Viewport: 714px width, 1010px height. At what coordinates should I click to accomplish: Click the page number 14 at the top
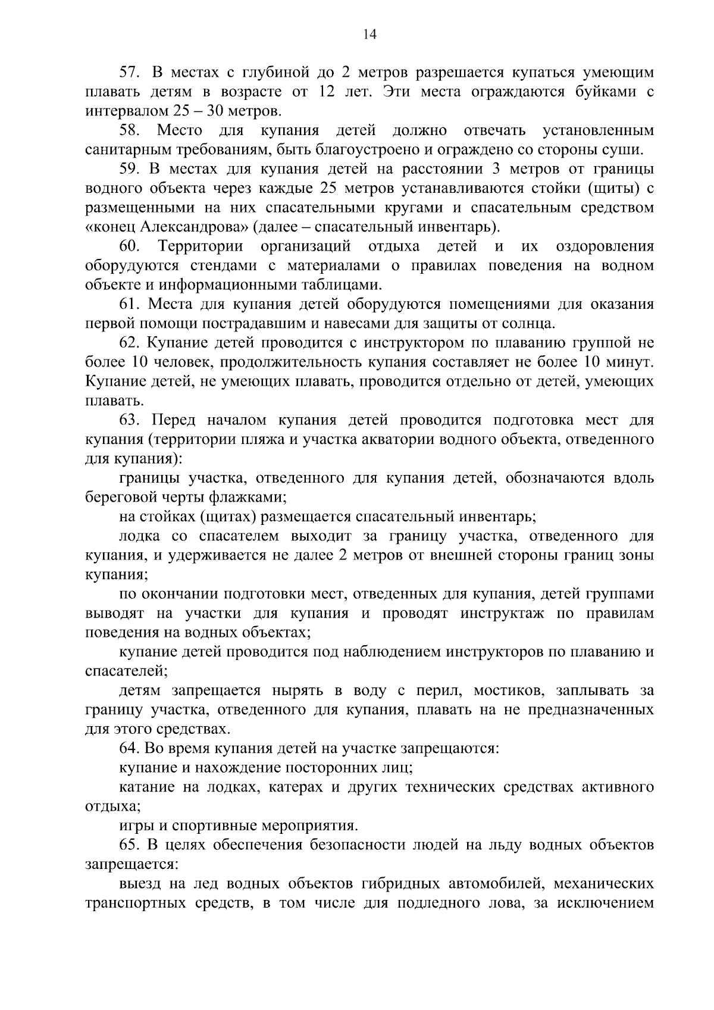[369, 35]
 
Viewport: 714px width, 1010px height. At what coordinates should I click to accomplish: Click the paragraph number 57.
[129, 73]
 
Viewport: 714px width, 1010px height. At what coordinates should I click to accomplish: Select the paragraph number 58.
[129, 131]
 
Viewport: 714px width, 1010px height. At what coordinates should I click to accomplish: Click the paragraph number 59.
[129, 170]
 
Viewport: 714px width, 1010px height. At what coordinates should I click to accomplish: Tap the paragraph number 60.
[129, 246]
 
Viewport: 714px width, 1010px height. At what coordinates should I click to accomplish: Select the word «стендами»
[203, 265]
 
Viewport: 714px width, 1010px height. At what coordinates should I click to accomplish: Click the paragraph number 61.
[129, 304]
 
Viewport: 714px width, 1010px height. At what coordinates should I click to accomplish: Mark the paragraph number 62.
[129, 343]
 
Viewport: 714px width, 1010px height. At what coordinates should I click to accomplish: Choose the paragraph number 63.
[129, 420]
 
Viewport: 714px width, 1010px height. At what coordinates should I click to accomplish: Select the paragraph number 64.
[129, 748]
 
